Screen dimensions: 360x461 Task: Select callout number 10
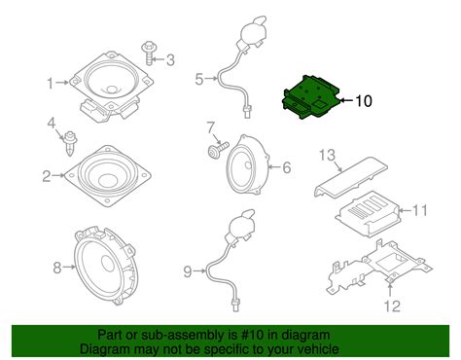click(x=363, y=100)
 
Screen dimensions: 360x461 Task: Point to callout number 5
click(x=200, y=80)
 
